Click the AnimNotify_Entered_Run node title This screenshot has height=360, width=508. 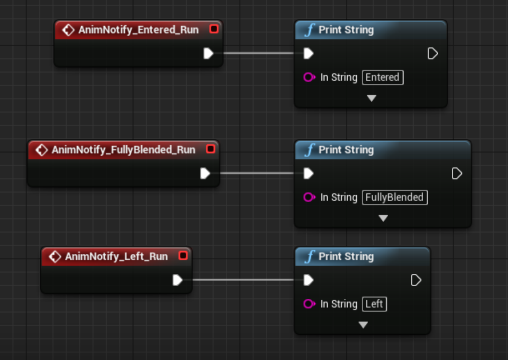point(138,30)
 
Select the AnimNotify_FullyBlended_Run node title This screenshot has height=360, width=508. point(123,150)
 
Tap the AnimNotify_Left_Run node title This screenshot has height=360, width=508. point(116,257)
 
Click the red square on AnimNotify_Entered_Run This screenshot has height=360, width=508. point(214,30)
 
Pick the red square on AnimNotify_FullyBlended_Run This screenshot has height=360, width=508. point(210,150)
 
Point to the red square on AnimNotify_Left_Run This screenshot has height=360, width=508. point(184,257)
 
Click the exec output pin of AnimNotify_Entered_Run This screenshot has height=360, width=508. point(209,54)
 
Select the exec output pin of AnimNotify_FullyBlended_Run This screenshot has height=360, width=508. point(204,174)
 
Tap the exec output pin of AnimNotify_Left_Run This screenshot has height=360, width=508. point(178,281)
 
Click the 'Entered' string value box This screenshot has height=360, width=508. point(383,77)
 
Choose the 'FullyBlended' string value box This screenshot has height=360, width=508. point(395,197)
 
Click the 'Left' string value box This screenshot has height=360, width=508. point(375,304)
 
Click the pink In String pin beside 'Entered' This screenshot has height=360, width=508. point(310,77)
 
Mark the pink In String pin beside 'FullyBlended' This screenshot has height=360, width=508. point(310,197)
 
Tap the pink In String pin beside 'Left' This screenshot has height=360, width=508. point(310,304)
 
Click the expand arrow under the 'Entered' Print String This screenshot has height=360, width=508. point(372,98)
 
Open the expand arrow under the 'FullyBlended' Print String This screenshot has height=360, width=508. point(384,218)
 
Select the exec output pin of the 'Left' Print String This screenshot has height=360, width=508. point(415,281)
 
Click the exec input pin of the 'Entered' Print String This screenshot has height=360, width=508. point(309,54)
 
